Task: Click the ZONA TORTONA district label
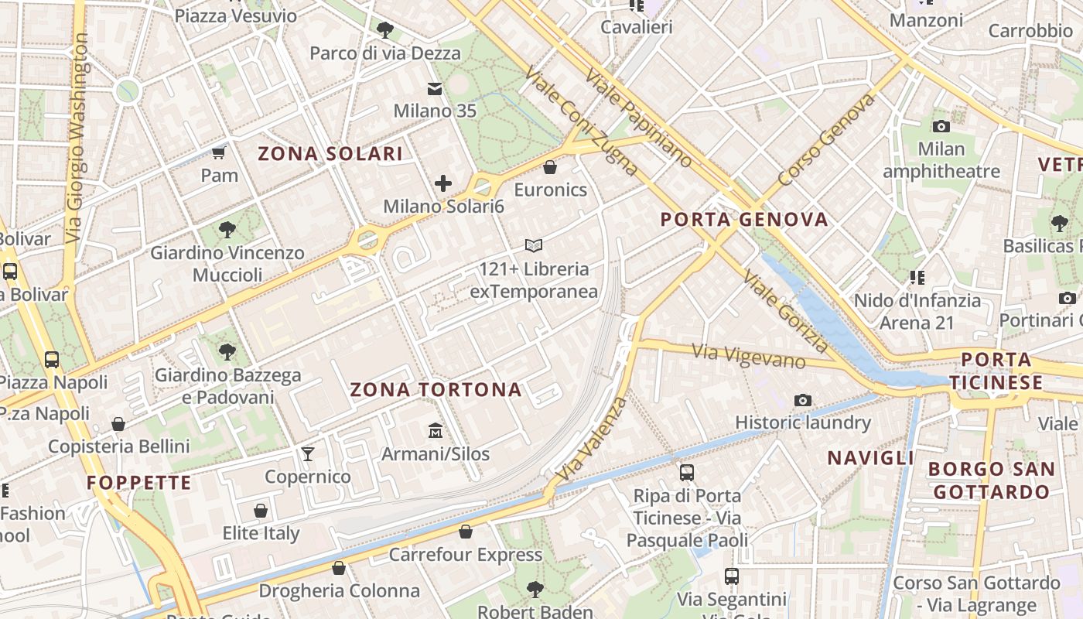point(436,390)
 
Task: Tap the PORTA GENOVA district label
point(744,220)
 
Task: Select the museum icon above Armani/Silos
point(435,430)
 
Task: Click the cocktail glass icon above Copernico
point(308,453)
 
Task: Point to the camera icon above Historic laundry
point(803,400)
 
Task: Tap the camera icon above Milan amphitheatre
point(941,126)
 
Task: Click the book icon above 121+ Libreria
point(533,246)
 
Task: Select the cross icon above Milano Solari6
point(443,183)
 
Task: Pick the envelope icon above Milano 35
point(435,89)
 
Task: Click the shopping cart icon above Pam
point(219,152)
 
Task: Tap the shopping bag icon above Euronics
point(550,167)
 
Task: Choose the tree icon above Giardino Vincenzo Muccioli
point(227,229)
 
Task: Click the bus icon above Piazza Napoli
point(52,359)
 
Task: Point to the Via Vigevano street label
point(748,357)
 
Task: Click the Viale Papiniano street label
point(639,118)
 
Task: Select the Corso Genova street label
point(826,139)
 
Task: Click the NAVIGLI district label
point(871,458)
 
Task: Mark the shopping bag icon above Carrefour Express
point(465,532)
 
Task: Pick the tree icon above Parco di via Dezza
point(384,30)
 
